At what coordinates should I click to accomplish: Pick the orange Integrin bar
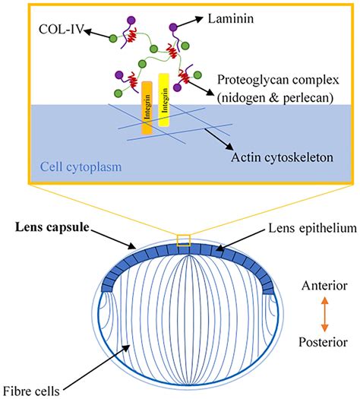(147, 106)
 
